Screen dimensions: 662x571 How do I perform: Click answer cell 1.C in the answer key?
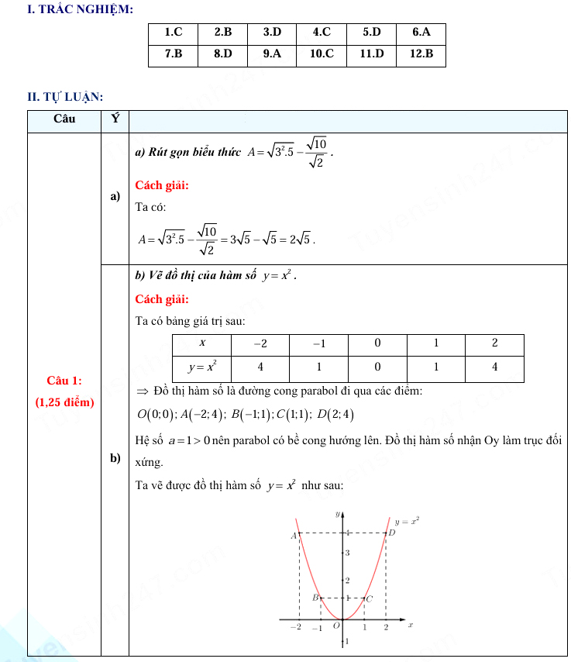(173, 33)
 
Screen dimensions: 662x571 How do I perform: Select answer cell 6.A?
(421, 33)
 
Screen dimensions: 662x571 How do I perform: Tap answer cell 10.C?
(322, 54)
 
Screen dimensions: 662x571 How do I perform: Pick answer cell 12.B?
(421, 54)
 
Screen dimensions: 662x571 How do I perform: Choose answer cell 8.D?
(222, 54)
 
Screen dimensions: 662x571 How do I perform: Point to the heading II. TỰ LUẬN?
(65, 97)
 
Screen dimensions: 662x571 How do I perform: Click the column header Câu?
(64, 119)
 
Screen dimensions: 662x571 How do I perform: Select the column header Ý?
(115, 119)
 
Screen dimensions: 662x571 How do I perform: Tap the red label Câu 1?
(64, 381)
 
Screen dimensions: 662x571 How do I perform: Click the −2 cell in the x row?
(260, 343)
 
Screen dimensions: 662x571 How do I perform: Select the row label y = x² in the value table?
(202, 367)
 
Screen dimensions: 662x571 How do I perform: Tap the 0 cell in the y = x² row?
(377, 367)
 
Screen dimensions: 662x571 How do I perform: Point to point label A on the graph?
(294, 536)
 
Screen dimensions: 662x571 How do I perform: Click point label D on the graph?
(392, 533)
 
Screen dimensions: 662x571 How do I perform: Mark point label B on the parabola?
(315, 598)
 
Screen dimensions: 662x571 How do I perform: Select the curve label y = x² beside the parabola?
(407, 522)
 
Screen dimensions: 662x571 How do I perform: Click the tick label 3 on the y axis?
(347, 553)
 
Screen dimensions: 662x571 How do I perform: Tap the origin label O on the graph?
(336, 626)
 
